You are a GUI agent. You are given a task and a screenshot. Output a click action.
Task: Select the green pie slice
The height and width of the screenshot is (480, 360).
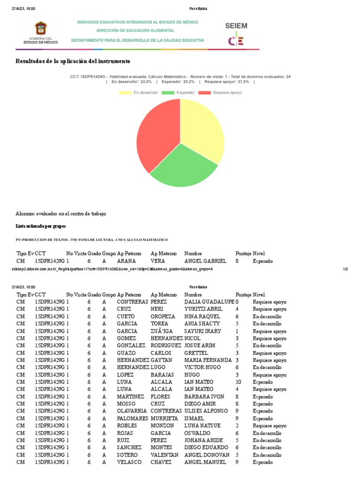click(x=183, y=166)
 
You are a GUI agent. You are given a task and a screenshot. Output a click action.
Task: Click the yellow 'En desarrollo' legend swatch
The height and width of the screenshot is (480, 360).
click(x=125, y=93)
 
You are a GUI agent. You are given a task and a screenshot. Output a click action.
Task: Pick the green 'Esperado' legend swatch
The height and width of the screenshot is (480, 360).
click(x=167, y=93)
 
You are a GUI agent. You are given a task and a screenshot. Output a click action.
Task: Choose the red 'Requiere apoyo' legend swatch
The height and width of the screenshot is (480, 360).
click(x=204, y=93)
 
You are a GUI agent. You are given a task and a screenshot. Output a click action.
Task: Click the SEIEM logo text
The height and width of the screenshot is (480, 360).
click(x=236, y=26)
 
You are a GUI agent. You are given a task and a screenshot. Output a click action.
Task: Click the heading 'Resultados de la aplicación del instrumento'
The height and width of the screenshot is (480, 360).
click(x=73, y=61)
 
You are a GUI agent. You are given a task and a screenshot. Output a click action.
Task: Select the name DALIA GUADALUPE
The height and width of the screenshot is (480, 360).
click(x=209, y=302)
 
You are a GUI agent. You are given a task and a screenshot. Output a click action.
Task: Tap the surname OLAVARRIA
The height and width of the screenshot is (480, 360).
click(x=132, y=411)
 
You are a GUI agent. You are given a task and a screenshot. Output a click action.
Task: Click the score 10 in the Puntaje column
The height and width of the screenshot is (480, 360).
click(x=238, y=382)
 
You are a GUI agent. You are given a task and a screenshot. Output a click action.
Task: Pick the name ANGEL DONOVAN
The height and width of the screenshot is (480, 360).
click(x=207, y=455)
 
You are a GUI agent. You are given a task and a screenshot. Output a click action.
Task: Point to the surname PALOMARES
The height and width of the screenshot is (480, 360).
click(x=132, y=418)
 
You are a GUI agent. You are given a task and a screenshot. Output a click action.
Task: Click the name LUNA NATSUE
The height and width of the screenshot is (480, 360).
click(x=202, y=426)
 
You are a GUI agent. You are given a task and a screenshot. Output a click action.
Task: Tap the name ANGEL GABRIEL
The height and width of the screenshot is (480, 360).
click(x=205, y=261)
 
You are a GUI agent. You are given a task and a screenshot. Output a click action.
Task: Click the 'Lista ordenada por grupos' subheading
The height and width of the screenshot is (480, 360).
click(x=39, y=226)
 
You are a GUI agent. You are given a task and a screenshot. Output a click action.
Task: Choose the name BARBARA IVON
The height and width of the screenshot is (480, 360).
click(x=204, y=397)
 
